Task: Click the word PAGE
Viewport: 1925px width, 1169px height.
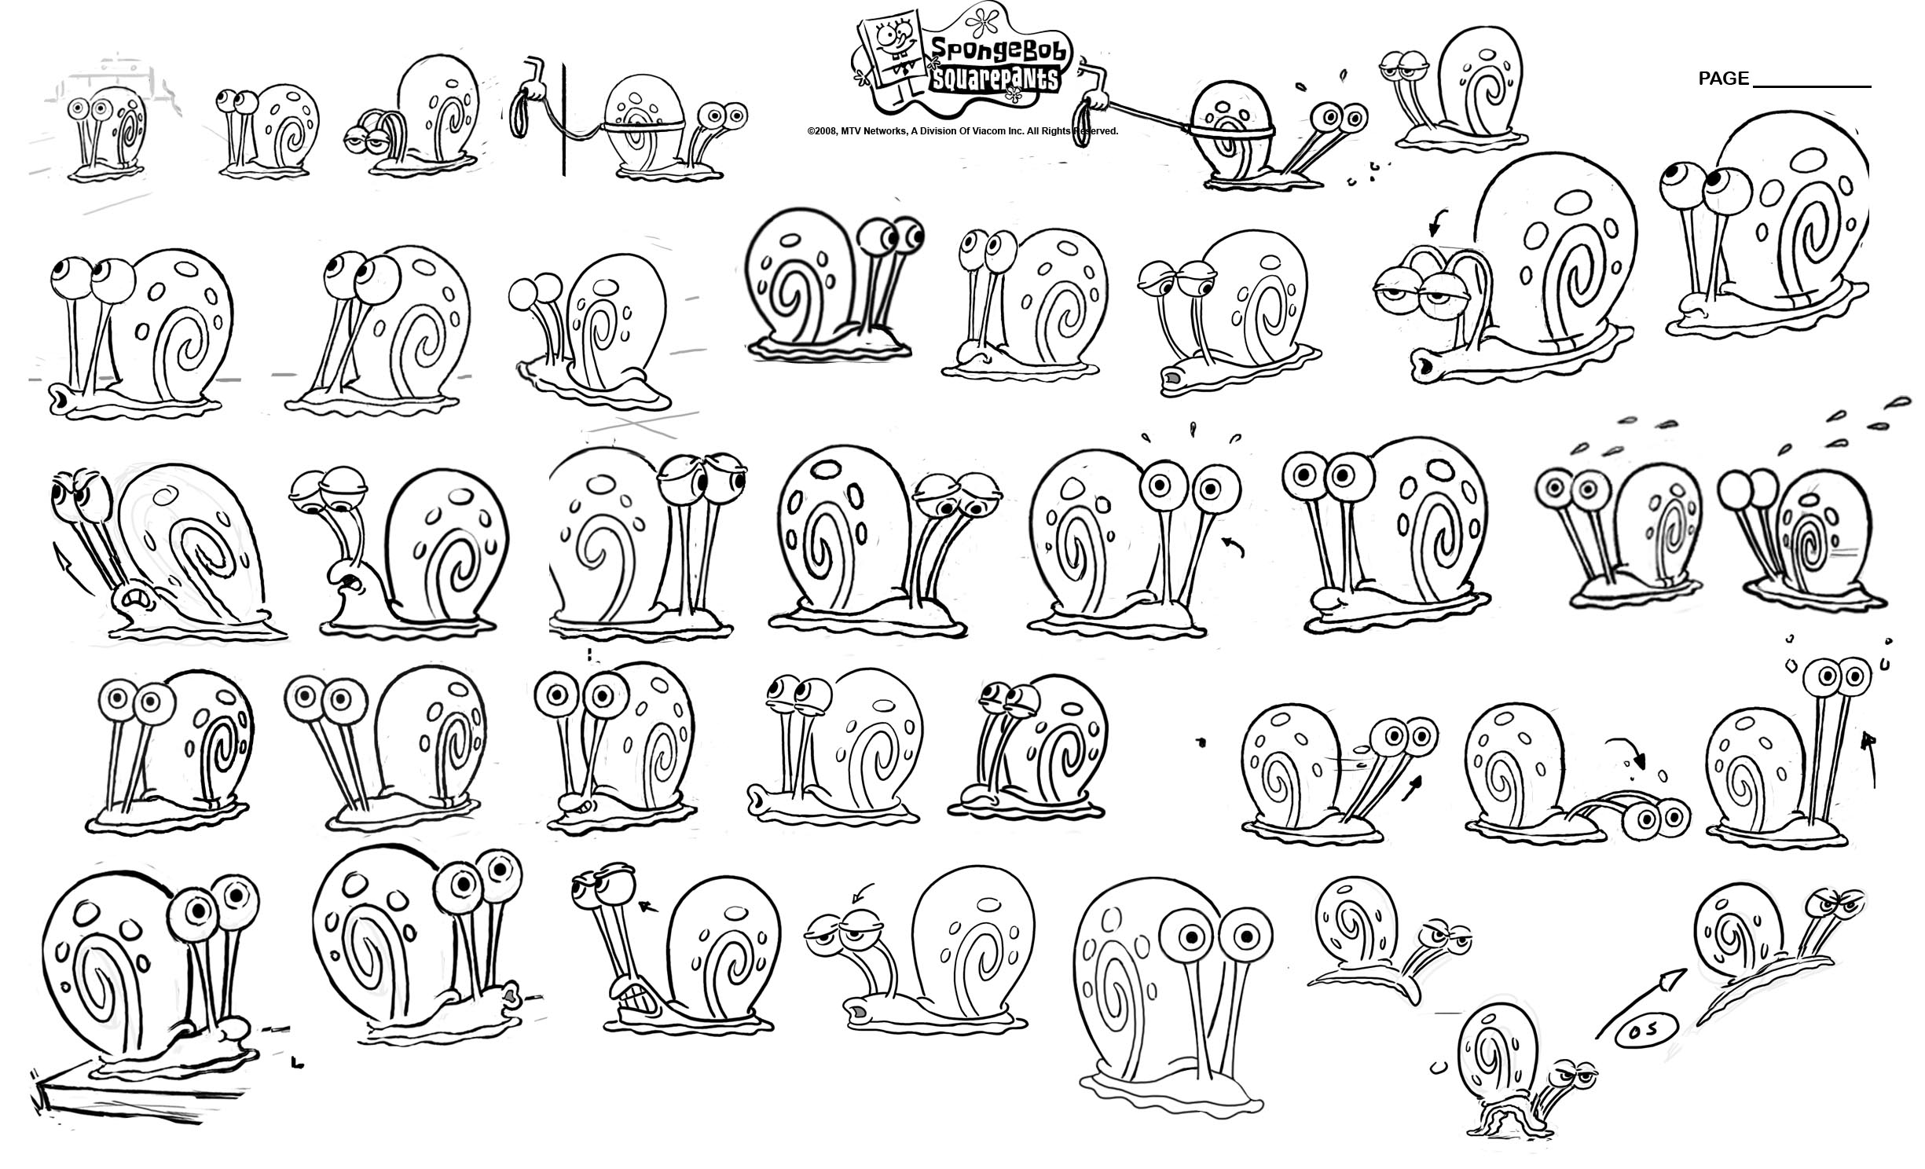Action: (1723, 79)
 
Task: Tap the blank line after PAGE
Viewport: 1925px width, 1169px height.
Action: (1812, 86)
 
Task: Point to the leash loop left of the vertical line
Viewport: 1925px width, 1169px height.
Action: (519, 115)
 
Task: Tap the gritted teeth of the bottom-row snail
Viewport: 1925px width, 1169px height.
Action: (635, 992)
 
